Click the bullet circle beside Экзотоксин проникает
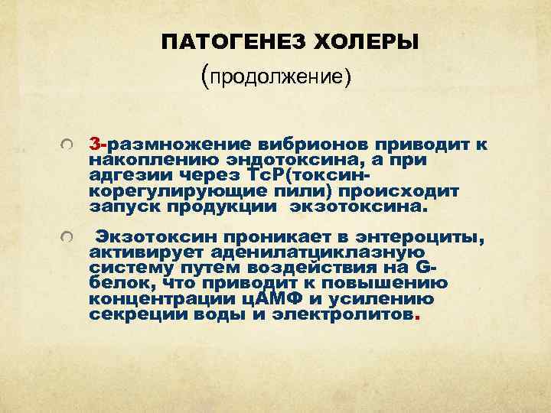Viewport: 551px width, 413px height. [68, 240]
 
